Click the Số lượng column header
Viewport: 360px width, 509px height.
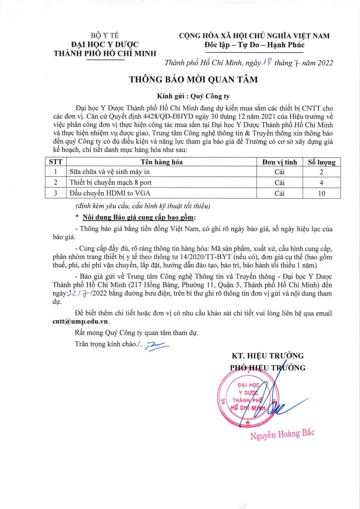click(321, 162)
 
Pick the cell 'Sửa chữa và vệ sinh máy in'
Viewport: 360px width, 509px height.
click(109, 172)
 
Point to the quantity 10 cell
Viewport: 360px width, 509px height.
click(321, 193)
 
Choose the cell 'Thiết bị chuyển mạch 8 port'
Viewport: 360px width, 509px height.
click(111, 183)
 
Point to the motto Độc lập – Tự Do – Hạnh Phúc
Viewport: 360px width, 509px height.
click(254, 45)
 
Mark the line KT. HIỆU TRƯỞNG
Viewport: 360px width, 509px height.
click(268, 355)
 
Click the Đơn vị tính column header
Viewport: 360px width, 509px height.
click(279, 162)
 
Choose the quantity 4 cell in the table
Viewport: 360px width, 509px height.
click(321, 183)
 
